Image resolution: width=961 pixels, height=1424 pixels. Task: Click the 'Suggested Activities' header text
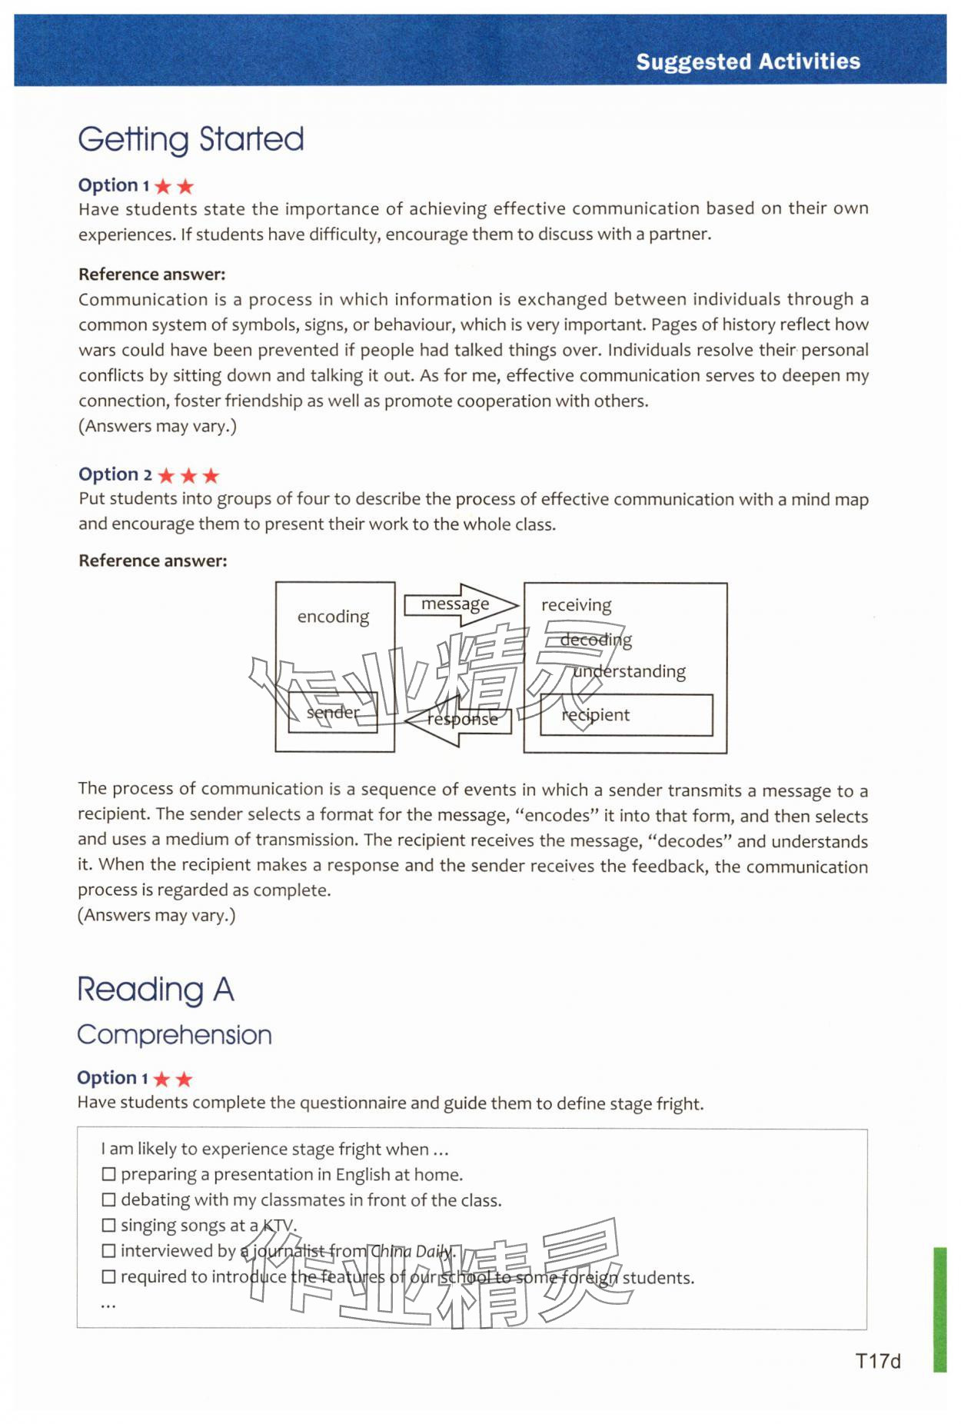[x=747, y=62]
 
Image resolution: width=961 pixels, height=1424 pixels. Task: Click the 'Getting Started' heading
[x=191, y=139]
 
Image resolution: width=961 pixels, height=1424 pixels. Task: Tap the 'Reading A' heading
[x=155, y=989]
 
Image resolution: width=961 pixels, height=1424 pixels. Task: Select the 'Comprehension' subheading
[x=175, y=1034]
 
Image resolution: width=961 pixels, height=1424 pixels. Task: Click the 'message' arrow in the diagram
[x=460, y=604]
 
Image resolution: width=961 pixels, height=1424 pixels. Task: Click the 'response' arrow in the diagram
[x=460, y=720]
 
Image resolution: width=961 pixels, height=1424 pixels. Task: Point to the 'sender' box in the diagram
[x=332, y=713]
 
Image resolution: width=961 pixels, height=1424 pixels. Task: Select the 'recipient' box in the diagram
[x=626, y=715]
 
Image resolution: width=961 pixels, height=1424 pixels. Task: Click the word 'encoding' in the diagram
[x=333, y=617]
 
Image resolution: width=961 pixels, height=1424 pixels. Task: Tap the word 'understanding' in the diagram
[x=629, y=671]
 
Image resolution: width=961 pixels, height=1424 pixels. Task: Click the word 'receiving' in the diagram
[x=576, y=605]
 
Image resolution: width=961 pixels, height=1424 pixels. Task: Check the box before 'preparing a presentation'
[x=108, y=1174]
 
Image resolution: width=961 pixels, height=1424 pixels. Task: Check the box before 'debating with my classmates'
[x=108, y=1199]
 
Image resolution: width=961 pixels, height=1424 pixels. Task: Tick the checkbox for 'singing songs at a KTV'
[x=108, y=1225]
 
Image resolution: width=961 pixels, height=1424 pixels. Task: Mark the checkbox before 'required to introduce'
[x=108, y=1276]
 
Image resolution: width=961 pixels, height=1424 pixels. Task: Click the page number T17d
[x=877, y=1361]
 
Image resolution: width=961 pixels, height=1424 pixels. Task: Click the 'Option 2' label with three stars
[x=115, y=474]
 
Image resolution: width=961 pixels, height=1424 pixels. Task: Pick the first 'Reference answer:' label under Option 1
[x=151, y=274]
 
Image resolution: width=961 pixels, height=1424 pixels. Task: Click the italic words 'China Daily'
[x=411, y=1251]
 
